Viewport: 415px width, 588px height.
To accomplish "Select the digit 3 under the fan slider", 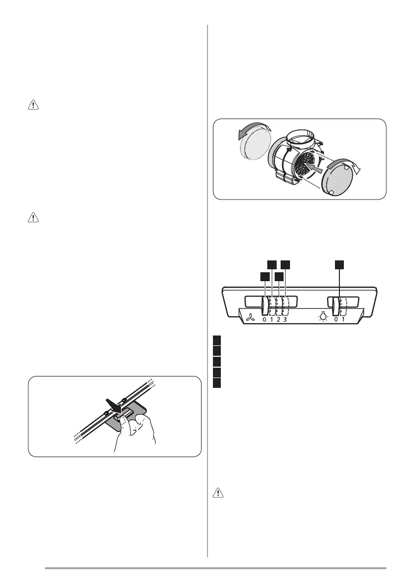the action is coord(285,320).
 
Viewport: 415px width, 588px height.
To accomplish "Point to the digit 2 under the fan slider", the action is coord(278,320).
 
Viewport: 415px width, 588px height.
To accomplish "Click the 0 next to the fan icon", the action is coord(264,320).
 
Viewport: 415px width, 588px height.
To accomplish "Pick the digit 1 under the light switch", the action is coord(343,320).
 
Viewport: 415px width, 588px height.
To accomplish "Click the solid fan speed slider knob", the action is coord(264,305).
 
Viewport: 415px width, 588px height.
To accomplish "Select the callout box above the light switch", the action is coord(339,265).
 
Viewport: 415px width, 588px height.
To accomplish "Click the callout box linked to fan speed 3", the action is coord(286,265).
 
